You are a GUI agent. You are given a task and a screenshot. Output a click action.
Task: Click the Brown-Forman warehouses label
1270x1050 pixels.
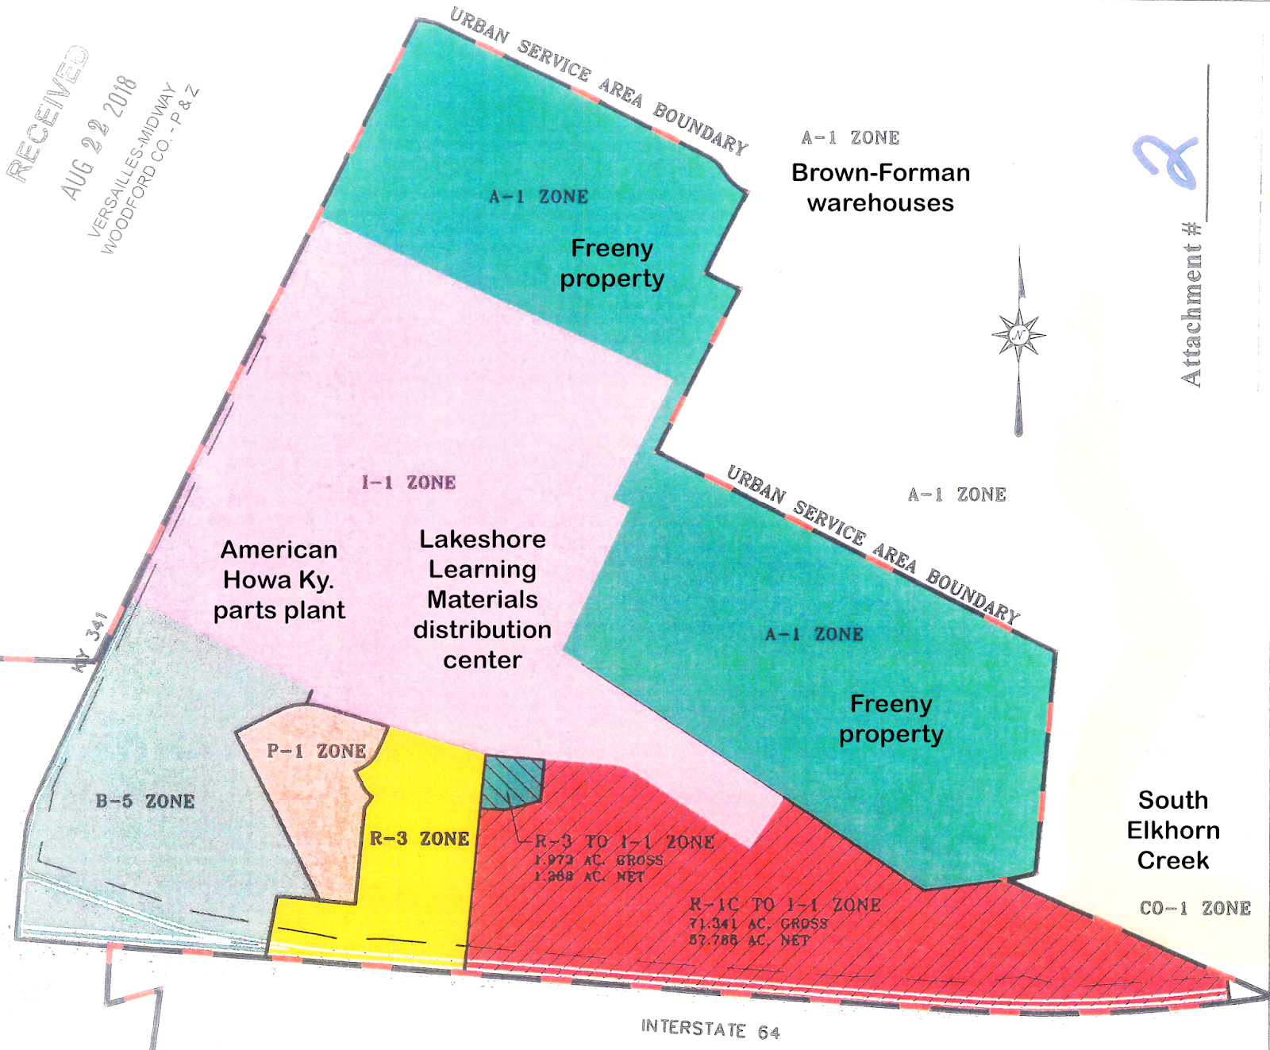880,187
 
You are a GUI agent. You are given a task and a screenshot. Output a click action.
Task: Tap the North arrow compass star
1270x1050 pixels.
1018,336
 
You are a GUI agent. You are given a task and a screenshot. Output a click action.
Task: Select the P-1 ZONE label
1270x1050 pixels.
316,751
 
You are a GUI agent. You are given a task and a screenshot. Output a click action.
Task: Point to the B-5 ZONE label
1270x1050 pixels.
145,801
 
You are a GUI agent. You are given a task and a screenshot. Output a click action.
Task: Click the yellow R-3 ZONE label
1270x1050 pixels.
419,838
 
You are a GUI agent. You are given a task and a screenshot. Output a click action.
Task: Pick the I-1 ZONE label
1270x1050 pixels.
409,483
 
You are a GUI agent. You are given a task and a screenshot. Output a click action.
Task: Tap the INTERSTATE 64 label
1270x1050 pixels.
710,1029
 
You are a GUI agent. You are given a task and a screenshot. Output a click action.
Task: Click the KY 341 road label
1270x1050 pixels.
90,641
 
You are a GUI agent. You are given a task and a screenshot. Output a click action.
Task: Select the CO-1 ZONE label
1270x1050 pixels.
1195,908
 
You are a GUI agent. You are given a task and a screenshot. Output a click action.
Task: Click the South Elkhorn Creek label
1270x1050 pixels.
1173,830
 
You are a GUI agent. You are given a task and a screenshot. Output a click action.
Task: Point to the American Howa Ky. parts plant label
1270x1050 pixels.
279,580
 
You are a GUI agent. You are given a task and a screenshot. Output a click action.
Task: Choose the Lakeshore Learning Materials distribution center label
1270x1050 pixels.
483,599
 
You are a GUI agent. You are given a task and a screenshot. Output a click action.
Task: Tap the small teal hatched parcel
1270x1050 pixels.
513,783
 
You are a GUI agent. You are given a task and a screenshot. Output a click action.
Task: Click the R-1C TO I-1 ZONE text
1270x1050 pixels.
785,905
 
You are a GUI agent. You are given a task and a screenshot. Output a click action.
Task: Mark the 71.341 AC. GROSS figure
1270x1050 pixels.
758,923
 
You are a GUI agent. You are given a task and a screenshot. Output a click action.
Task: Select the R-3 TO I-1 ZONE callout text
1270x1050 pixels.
625,842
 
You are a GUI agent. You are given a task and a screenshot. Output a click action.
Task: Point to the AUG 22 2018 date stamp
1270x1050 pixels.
99,138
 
